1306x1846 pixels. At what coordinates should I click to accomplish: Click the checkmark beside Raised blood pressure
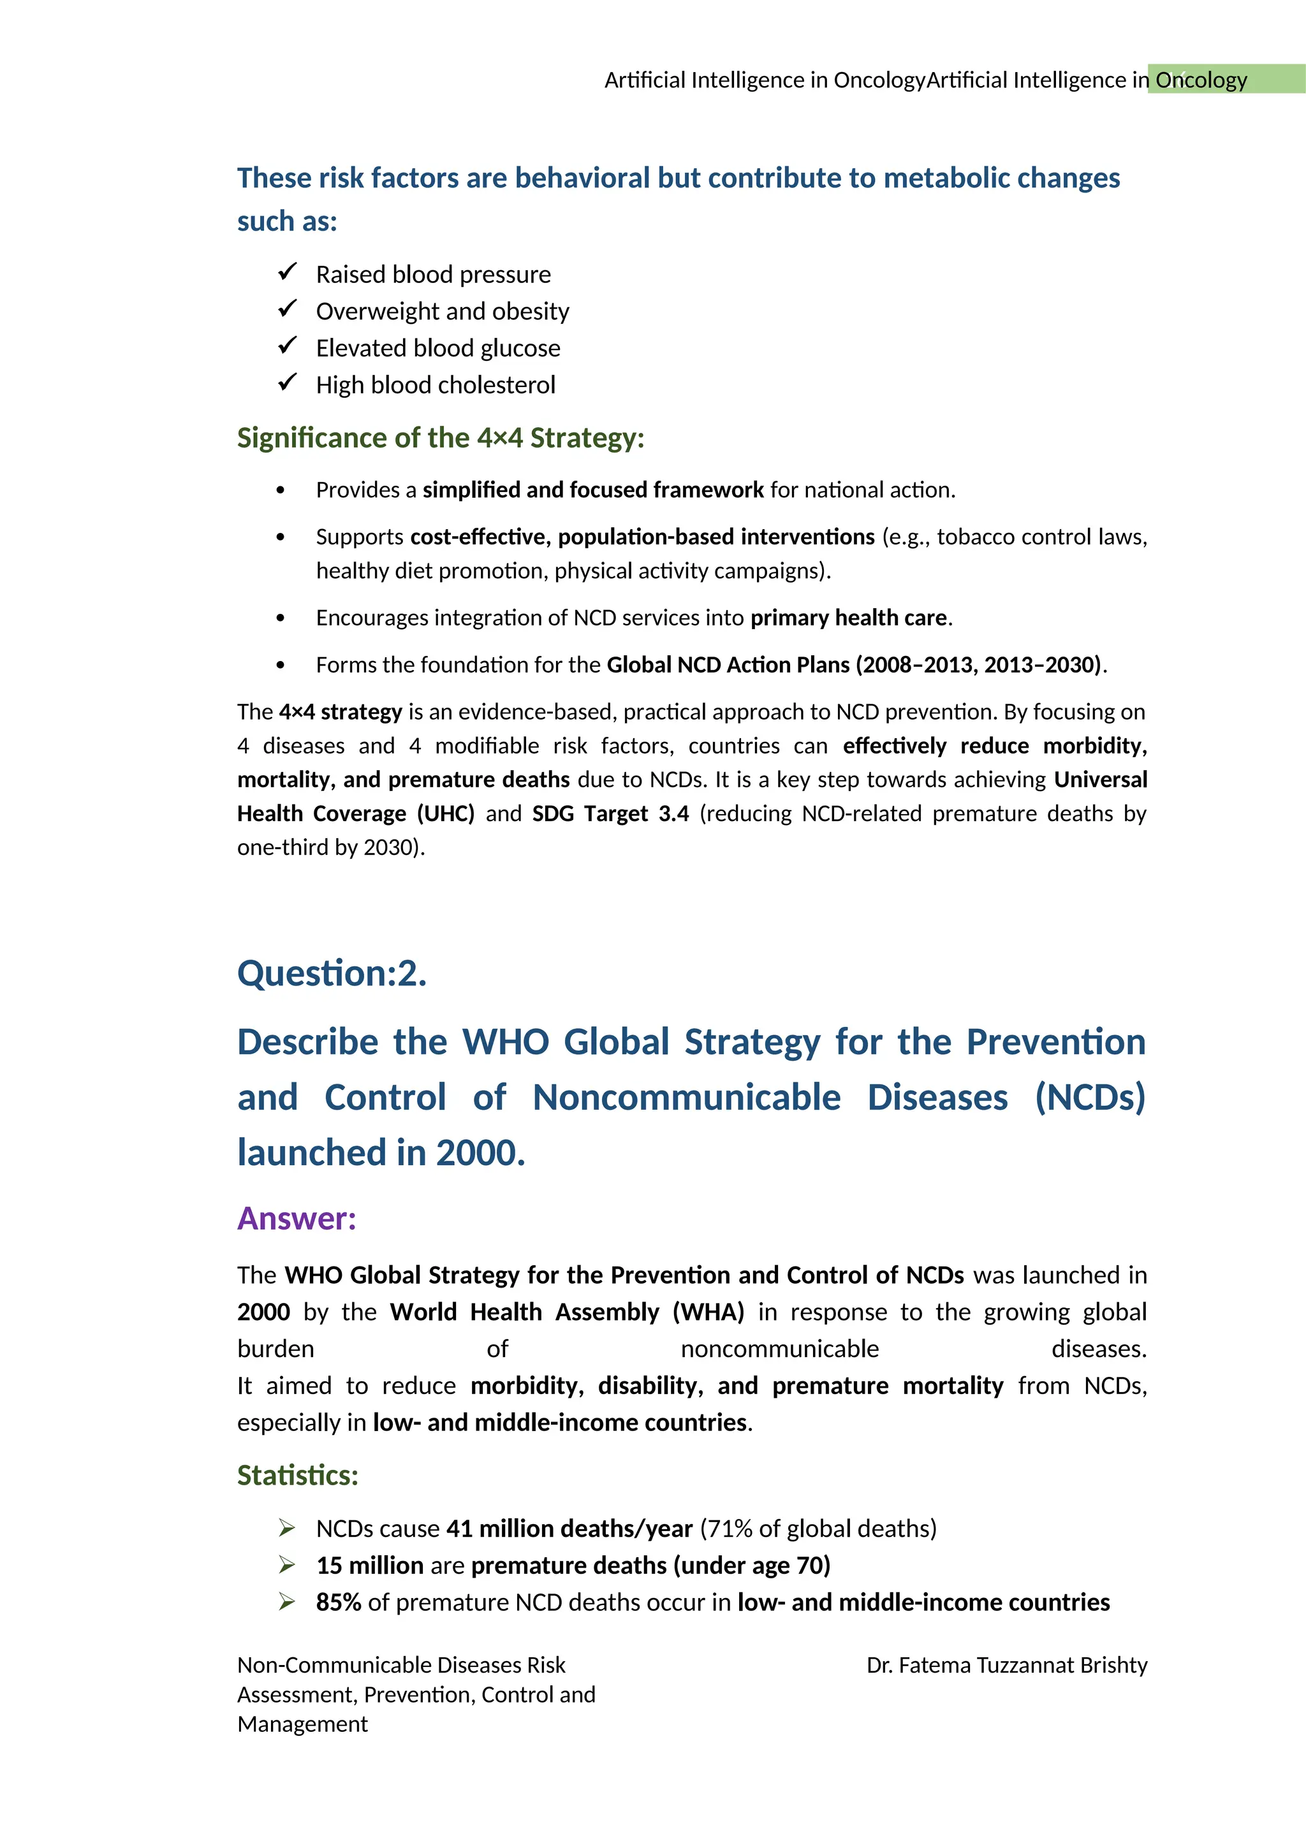288,273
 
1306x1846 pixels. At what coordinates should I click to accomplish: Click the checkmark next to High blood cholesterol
288,382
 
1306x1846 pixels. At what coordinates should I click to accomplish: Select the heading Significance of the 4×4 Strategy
441,438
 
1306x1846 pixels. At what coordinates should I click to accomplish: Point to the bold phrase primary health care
848,618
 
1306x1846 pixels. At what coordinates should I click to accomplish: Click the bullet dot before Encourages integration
280,618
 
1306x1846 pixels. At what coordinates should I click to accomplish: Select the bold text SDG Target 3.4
610,813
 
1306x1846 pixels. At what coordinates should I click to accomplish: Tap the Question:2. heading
332,973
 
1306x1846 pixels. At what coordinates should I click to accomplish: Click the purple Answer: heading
297,1219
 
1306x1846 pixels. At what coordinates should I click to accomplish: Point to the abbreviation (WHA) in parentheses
708,1312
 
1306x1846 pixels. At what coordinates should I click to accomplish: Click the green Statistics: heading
298,1476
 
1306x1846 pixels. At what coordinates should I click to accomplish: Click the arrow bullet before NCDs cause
287,1528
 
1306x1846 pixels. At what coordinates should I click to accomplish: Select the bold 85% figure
339,1603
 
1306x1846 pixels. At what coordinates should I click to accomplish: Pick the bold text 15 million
370,1566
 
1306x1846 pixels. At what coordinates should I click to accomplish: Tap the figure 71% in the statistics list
730,1529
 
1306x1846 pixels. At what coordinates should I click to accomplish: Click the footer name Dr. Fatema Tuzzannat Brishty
1006,1665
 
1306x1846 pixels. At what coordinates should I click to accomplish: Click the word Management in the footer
302,1725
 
